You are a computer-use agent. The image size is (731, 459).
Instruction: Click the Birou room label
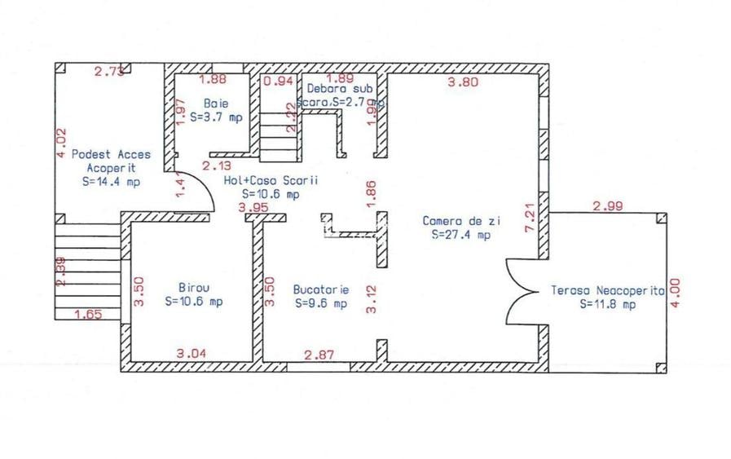[x=193, y=288]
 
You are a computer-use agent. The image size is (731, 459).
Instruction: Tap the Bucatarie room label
[x=320, y=289]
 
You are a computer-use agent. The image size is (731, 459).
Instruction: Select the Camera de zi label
[x=461, y=221]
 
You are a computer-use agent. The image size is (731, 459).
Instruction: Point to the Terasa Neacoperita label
[x=607, y=290]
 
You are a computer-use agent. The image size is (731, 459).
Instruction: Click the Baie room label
[x=216, y=104]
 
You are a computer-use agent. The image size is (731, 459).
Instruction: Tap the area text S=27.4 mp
[x=461, y=236]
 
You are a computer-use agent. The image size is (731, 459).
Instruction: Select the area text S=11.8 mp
[x=607, y=304]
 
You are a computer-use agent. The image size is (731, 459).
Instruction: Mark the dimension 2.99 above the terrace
[x=608, y=206]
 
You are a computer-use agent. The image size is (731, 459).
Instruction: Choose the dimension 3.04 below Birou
[x=192, y=354]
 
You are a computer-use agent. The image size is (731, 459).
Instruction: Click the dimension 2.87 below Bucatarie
[x=318, y=355]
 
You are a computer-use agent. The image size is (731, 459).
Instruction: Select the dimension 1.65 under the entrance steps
[x=88, y=314]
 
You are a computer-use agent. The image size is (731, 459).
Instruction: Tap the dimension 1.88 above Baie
[x=213, y=80]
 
